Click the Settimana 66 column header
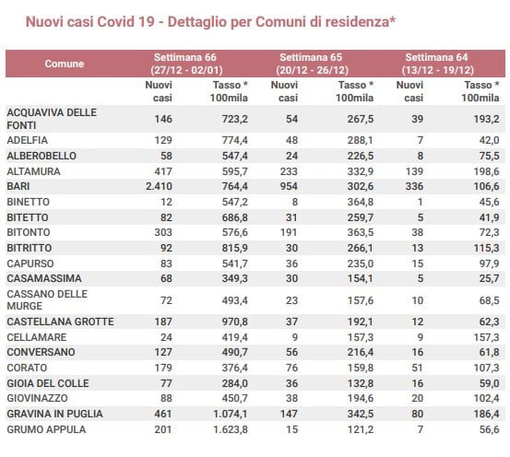pyautogui.click(x=186, y=64)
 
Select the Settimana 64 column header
pyautogui.click(x=437, y=64)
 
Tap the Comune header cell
pyautogui.click(x=65, y=64)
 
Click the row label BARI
pyautogui.click(x=18, y=186)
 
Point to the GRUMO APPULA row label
pyautogui.click(x=46, y=429)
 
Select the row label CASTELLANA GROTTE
pyautogui.click(x=61, y=322)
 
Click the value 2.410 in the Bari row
pyautogui.click(x=159, y=186)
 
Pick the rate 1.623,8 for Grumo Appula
pyautogui.click(x=231, y=429)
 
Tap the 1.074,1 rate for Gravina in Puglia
pyautogui.click(x=231, y=414)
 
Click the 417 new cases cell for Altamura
pyautogui.click(x=163, y=171)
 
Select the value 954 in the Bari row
pyautogui.click(x=289, y=186)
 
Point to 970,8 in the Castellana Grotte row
pyautogui.click(x=235, y=322)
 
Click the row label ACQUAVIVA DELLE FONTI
pyautogui.click(x=52, y=119)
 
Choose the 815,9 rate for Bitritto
pyautogui.click(x=235, y=248)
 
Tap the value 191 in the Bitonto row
pyautogui.click(x=289, y=232)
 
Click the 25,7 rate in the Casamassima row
pyautogui.click(x=489, y=278)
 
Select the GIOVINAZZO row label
pyautogui.click(x=38, y=398)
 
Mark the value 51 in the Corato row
pyautogui.click(x=417, y=368)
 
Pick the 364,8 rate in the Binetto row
pyautogui.click(x=361, y=202)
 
